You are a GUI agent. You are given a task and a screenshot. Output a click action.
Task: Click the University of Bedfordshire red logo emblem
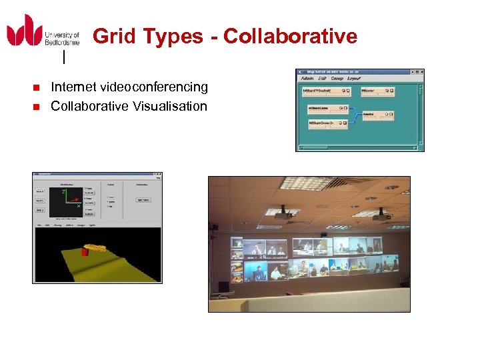click(x=25, y=31)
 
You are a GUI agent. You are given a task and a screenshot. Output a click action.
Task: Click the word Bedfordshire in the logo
click(x=62, y=42)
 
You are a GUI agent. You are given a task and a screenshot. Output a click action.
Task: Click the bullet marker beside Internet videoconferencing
click(x=37, y=87)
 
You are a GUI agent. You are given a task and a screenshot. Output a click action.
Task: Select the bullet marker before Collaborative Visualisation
click(x=37, y=107)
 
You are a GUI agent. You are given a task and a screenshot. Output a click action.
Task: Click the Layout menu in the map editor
click(x=353, y=79)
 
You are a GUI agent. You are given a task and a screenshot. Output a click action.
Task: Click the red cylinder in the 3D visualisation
click(x=85, y=252)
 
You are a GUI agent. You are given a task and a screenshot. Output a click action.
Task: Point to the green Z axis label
click(x=64, y=191)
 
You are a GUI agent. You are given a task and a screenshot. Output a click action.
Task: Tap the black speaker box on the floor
click(x=224, y=287)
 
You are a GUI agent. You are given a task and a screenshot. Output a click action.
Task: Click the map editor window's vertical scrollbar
click(x=421, y=110)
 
